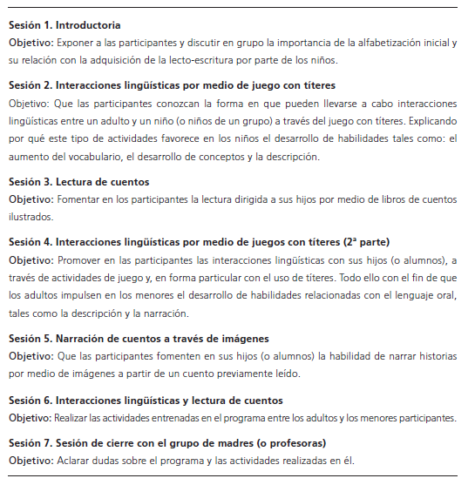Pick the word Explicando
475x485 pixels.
point(428,122)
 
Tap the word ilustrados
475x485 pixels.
point(30,217)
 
